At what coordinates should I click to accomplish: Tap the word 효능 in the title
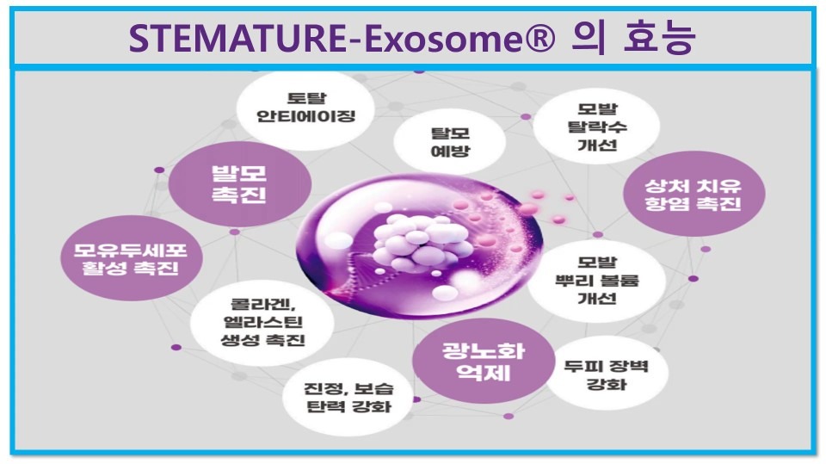[x=658, y=37]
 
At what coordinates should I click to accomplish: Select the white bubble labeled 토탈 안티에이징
[x=305, y=108]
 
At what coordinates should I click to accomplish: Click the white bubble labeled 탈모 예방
[x=450, y=141]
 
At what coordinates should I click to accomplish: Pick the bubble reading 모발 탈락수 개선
[x=596, y=127]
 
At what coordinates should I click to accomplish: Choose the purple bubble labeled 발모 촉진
[x=240, y=183]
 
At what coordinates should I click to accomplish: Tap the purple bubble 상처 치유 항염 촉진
[x=693, y=194]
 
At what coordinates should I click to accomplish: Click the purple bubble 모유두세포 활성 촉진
[x=131, y=258]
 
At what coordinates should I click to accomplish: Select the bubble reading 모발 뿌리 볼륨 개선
[x=596, y=281]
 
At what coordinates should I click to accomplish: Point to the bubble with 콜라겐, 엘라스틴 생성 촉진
[x=262, y=323]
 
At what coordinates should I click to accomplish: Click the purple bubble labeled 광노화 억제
[x=483, y=362]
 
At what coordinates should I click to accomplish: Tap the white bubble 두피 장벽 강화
[x=607, y=374]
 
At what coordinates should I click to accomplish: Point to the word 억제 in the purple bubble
[x=483, y=373]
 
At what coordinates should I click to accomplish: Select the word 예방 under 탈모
[x=450, y=151]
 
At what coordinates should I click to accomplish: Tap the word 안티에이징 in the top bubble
[x=305, y=116]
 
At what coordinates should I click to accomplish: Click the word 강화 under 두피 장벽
[x=607, y=383]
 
